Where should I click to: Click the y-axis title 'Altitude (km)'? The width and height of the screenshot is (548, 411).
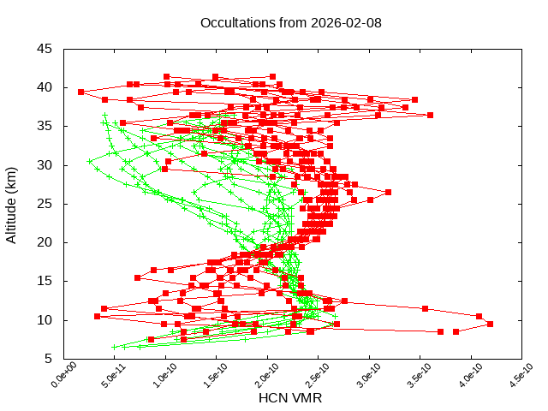pos(12,203)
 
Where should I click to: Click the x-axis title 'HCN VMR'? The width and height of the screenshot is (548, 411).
pos(290,398)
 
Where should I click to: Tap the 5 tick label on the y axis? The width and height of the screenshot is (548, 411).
pos(49,359)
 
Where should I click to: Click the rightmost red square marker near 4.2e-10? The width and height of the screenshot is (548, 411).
pos(491,324)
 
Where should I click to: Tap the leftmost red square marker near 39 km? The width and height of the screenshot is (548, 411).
pos(80,92)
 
